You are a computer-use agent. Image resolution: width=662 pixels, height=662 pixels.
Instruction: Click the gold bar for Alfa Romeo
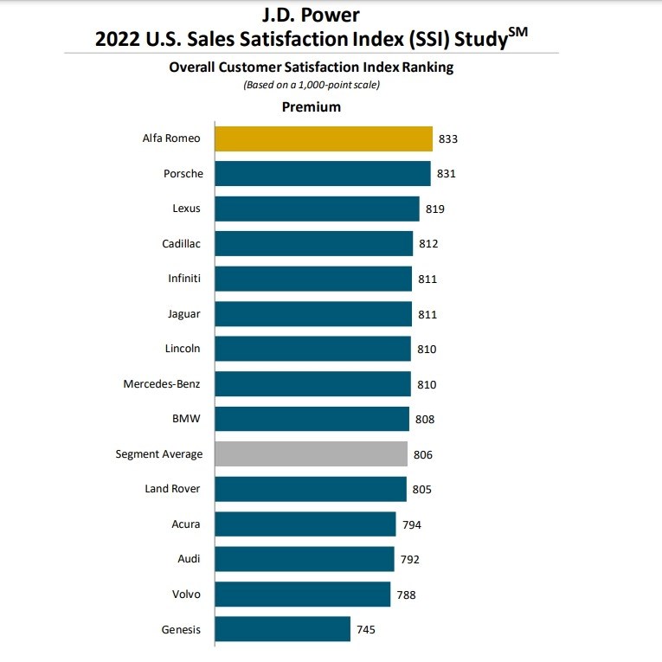[323, 138]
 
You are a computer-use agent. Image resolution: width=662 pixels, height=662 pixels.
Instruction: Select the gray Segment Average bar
[311, 453]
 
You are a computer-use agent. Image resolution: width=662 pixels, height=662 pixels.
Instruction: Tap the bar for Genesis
[282, 629]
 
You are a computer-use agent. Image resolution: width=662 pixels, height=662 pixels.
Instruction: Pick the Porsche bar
[322, 174]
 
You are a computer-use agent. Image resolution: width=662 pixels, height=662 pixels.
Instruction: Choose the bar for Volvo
[302, 594]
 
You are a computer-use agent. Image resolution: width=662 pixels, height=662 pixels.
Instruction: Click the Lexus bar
[317, 209]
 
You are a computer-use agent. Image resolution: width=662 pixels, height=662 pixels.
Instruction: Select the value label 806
[423, 454]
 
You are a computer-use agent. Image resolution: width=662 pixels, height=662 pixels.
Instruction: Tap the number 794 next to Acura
[412, 524]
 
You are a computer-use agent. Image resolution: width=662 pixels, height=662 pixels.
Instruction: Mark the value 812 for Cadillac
[428, 244]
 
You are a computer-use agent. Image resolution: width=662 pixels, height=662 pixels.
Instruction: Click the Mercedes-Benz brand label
[163, 384]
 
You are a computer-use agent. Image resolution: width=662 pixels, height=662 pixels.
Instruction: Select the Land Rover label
[174, 489]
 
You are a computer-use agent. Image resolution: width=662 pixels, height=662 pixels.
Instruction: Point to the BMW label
[187, 419]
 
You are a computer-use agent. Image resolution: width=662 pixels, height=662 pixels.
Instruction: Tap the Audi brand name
[189, 559]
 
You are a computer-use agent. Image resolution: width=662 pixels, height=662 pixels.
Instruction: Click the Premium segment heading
[312, 107]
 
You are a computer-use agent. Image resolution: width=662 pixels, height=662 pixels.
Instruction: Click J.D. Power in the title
[311, 15]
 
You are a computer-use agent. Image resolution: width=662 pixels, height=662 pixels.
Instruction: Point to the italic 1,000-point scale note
[312, 85]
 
